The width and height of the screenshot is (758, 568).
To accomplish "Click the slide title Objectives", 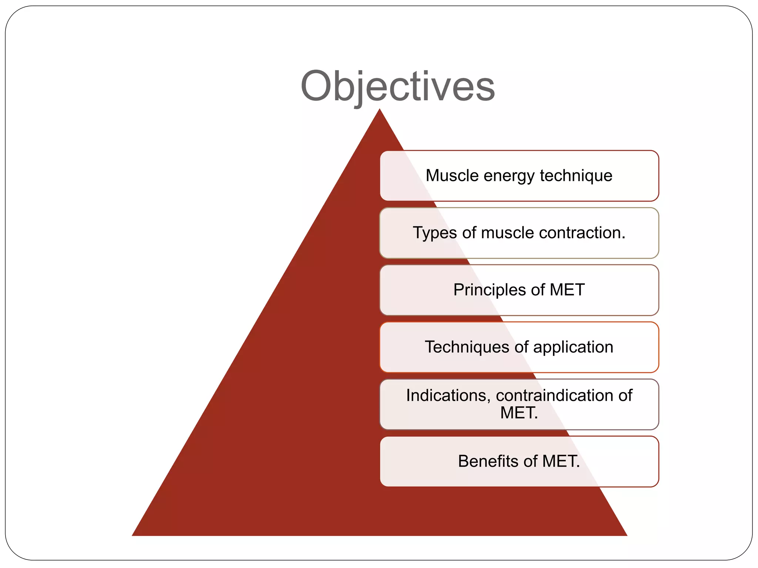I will [x=398, y=87].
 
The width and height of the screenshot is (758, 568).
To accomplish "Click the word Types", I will [x=435, y=233].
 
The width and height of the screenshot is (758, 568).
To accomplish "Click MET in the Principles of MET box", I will [x=567, y=290].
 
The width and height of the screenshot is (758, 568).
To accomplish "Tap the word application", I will [x=573, y=347].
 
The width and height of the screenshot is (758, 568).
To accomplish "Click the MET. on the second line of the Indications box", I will [x=519, y=413].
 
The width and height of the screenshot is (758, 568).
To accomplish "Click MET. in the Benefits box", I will [x=561, y=461].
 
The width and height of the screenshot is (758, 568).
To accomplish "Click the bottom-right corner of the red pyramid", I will [x=626, y=535].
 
